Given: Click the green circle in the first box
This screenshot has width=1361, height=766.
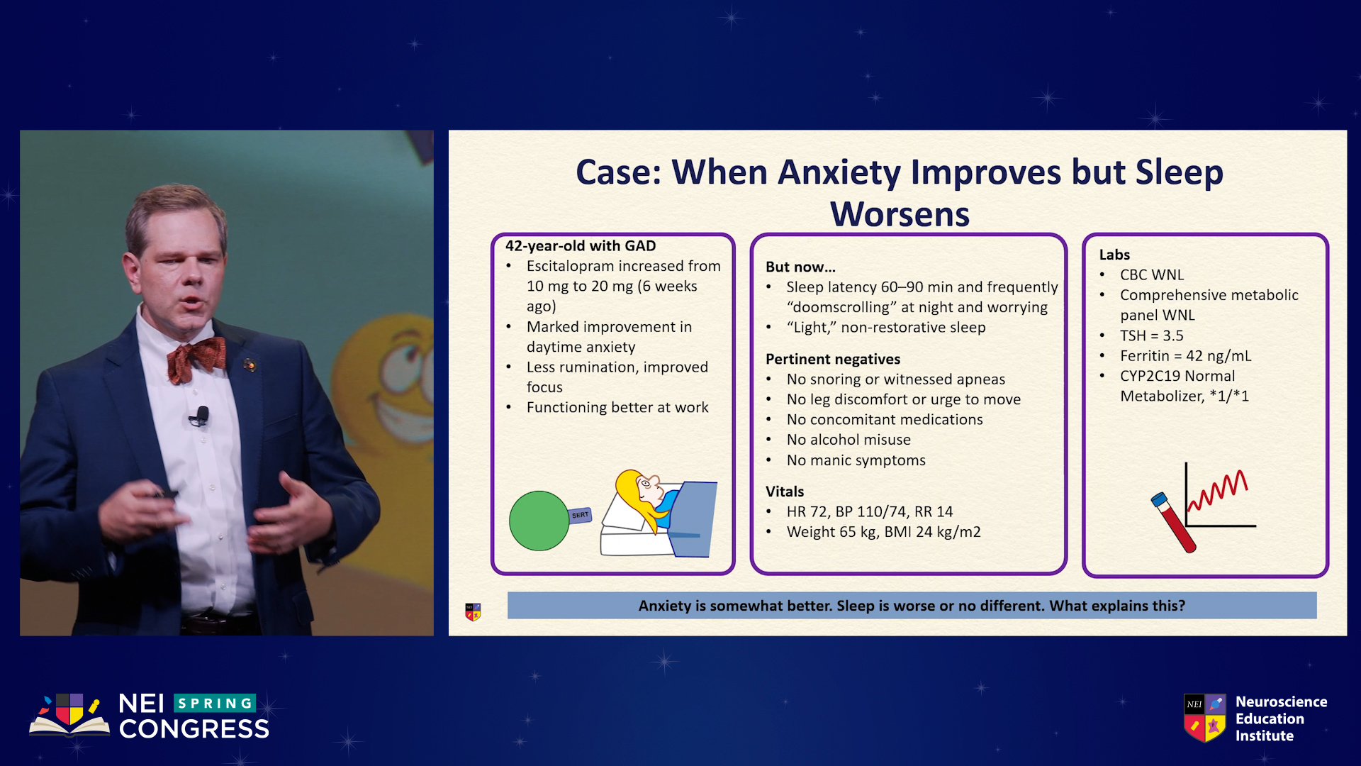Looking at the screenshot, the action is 539,521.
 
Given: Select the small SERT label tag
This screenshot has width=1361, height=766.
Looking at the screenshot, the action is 581,515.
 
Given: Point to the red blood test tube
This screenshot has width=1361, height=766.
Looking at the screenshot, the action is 1173,522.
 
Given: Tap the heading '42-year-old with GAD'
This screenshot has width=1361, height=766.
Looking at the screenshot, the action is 581,246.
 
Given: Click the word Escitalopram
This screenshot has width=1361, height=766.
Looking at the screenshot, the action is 570,266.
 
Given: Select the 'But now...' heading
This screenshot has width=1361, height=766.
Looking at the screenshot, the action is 800,267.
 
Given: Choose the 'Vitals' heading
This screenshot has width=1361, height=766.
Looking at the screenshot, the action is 785,492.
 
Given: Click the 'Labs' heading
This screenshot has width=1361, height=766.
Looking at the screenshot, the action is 1114,255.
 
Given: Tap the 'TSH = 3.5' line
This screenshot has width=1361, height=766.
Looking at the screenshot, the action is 1152,335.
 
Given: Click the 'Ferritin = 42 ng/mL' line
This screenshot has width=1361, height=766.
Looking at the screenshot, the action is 1186,356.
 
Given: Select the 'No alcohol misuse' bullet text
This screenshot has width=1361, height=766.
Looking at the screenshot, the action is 848,440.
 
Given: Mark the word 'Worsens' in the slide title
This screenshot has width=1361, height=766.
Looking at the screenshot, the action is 900,214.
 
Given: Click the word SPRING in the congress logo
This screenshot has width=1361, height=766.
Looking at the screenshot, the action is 215,703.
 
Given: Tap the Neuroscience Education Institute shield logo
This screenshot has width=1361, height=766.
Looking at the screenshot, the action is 1204,718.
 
